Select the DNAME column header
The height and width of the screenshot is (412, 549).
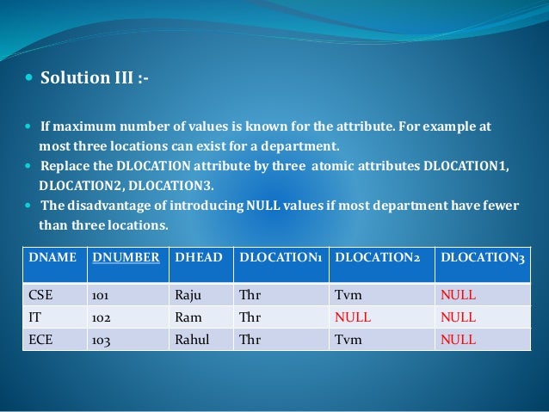pyautogui.click(x=52, y=256)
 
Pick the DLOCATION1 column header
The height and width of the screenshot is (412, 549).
pyautogui.click(x=281, y=256)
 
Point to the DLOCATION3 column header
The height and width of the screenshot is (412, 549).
pyautogui.click(x=482, y=256)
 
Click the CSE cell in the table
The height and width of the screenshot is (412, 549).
pyautogui.click(x=41, y=295)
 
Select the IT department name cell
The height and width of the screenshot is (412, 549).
pyautogui.click(x=35, y=317)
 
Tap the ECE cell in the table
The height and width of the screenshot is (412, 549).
pyautogui.click(x=41, y=339)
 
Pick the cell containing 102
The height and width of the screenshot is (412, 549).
pyautogui.click(x=101, y=317)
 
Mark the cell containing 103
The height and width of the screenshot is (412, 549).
pyautogui.click(x=101, y=339)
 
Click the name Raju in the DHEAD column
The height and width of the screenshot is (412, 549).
pyautogui.click(x=188, y=295)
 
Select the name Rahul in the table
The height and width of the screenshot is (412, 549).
pyautogui.click(x=192, y=339)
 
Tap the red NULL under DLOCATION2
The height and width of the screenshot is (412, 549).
pyautogui.click(x=352, y=317)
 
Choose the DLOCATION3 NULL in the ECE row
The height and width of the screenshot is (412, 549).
pyautogui.click(x=458, y=339)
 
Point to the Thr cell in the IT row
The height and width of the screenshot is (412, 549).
pyautogui.click(x=250, y=317)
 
